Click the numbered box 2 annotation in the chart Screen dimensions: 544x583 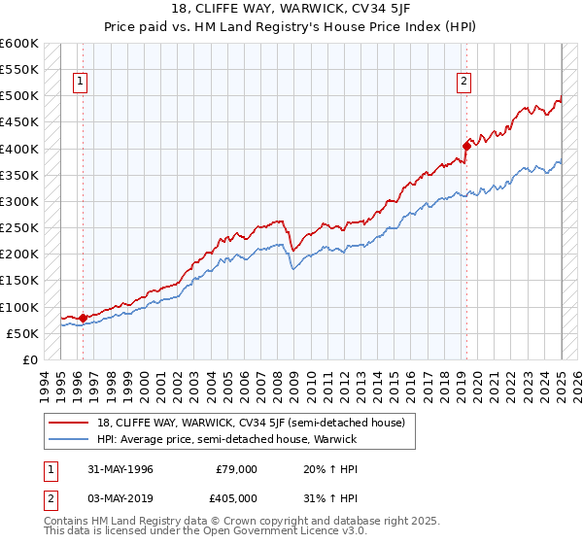point(464,82)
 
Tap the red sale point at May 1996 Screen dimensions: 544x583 point(83,317)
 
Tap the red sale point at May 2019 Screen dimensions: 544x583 point(465,146)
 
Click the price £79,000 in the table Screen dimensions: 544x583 point(236,468)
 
